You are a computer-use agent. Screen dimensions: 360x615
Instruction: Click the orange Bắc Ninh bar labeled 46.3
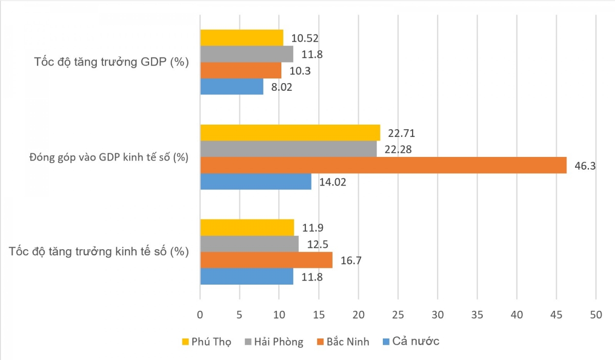[x=383, y=165]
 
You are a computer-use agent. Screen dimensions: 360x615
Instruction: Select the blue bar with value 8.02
[x=232, y=87]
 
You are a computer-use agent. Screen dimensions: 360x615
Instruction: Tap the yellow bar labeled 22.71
[x=290, y=133]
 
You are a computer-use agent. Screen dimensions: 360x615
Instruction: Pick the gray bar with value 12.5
[x=249, y=244]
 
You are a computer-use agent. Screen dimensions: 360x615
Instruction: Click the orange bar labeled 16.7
[x=266, y=260]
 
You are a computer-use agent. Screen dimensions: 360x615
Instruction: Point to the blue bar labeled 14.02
[x=256, y=182]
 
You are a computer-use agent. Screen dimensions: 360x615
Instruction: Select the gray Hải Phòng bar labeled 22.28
[x=289, y=149]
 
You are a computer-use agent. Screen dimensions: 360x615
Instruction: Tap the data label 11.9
[x=312, y=228]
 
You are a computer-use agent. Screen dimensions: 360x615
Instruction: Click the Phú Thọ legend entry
[x=206, y=342]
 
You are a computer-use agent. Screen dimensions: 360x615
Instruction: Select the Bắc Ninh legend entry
[x=343, y=342]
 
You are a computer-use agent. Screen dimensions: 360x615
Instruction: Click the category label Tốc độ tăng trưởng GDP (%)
[x=112, y=63]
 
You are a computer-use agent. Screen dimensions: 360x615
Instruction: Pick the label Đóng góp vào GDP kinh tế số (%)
[x=109, y=157]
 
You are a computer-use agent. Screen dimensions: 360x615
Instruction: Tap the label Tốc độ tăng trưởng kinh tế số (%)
[x=99, y=252]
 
